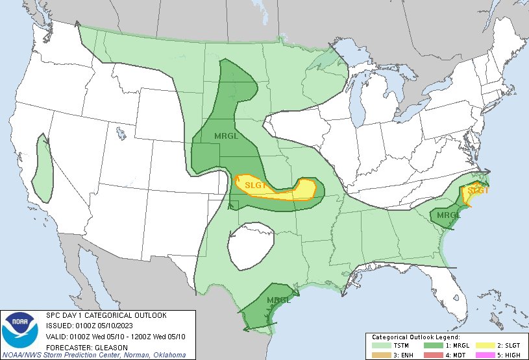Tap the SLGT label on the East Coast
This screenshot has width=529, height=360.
[478, 190]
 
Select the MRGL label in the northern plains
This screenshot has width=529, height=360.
[227, 136]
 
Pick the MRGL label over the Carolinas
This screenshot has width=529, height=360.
[448, 215]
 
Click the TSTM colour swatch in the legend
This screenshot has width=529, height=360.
[380, 345]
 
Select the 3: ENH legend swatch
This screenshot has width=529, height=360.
[380, 354]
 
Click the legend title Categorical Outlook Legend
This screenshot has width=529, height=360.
[415, 337]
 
